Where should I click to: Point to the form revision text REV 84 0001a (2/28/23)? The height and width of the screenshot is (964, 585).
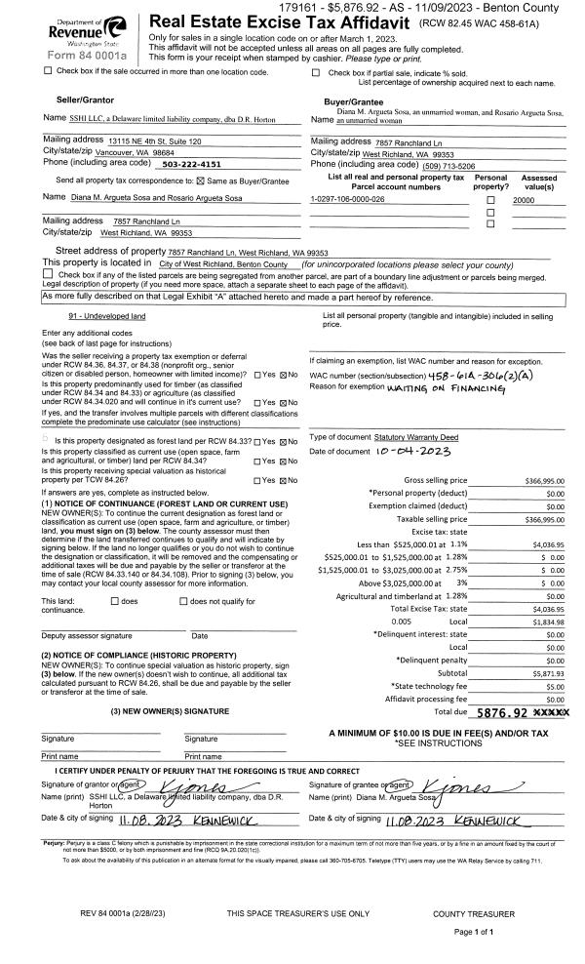[131, 913]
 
